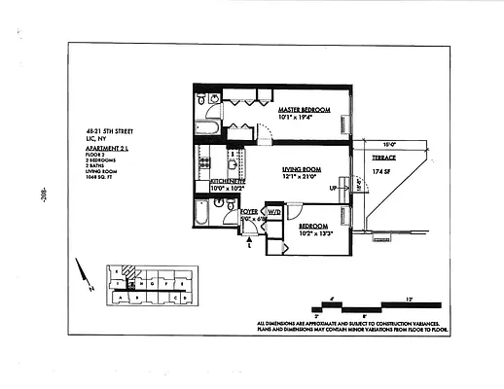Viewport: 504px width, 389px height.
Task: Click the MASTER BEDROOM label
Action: [305, 110]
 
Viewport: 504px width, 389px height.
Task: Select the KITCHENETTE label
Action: [227, 182]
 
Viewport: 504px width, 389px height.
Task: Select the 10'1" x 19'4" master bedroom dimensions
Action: [305, 118]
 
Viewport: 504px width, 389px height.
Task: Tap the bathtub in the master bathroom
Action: [209, 126]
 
